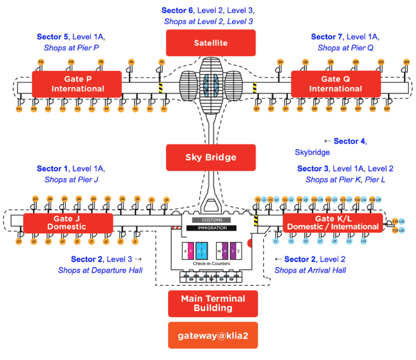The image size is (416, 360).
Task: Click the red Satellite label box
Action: pyautogui.click(x=211, y=43)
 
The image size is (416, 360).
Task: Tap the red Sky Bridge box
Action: pyautogui.click(x=211, y=157)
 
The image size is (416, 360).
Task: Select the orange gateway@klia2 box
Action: pyautogui.click(x=213, y=335)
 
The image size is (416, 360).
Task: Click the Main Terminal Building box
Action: pyautogui.click(x=213, y=303)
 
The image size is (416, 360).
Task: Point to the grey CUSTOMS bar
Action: pyautogui.click(x=211, y=220)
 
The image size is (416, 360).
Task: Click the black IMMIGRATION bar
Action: pyautogui.click(x=211, y=228)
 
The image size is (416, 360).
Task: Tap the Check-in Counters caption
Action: pyautogui.click(x=211, y=264)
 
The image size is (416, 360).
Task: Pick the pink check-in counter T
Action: pyautogui.click(x=191, y=251)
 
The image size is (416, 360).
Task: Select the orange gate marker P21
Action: pyautogui.click(x=20, y=109)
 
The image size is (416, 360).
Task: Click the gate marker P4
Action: pyautogui.click(x=162, y=62)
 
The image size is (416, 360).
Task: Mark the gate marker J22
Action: pyautogui.click(x=35, y=199)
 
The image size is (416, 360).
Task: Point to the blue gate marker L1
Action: pyautogui.click(x=276, y=240)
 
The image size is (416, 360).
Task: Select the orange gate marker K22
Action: pyautogui.click(x=395, y=230)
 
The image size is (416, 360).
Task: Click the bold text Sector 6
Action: pyautogui.click(x=177, y=11)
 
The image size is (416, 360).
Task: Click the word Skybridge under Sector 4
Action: pyautogui.click(x=312, y=152)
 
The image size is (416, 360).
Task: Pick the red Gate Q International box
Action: pyautogui.click(x=335, y=84)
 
